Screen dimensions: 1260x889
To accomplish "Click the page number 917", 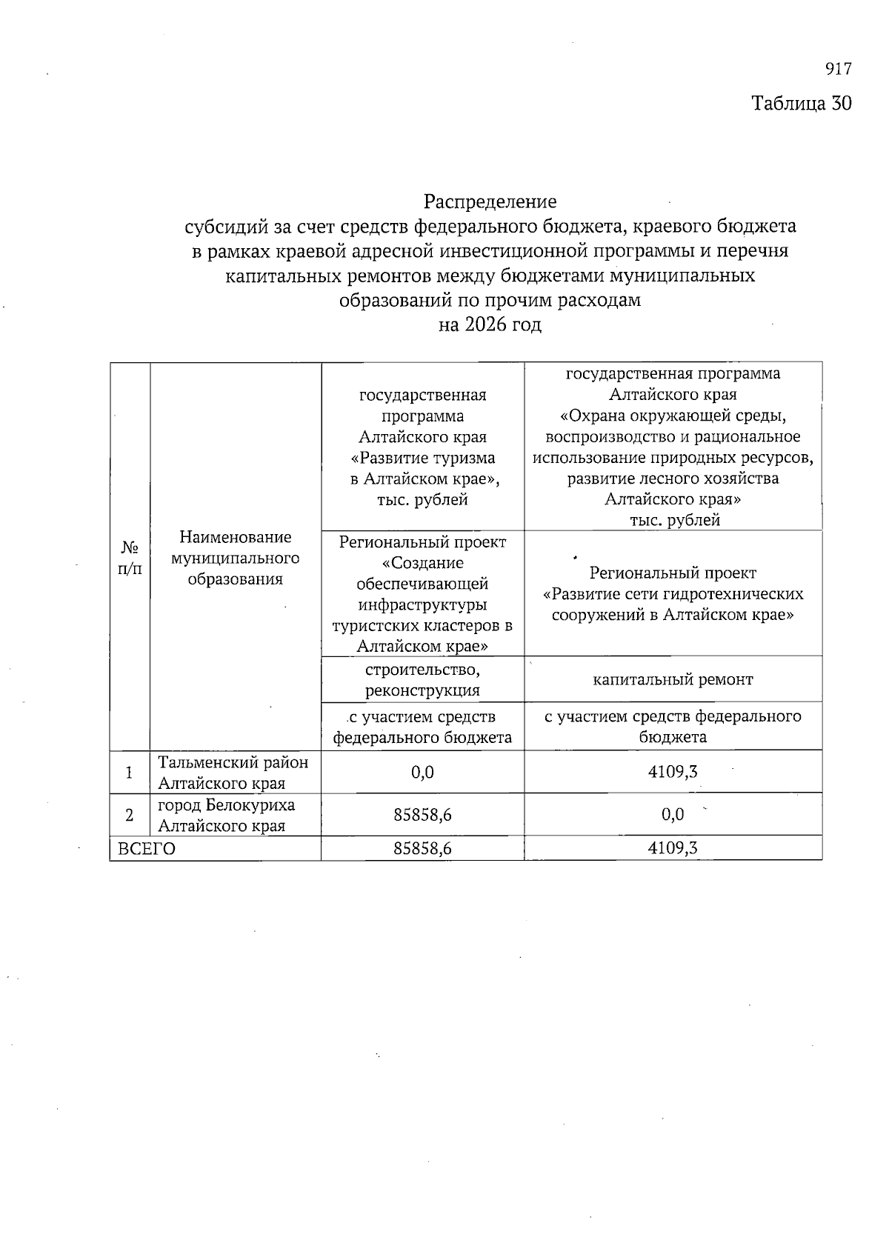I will (x=838, y=70).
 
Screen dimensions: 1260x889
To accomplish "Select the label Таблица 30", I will (x=802, y=103).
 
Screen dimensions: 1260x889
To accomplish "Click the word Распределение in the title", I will (x=490, y=201).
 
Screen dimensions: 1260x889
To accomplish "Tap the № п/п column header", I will (x=130, y=558).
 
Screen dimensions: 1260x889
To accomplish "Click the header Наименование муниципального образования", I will (x=236, y=558).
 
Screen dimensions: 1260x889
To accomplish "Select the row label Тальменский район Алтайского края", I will (x=233, y=772).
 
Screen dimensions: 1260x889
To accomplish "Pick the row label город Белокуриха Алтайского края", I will (x=226, y=815).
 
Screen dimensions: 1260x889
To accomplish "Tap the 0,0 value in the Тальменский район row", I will (x=422, y=773).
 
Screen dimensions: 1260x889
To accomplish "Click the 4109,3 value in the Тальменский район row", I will (x=673, y=772).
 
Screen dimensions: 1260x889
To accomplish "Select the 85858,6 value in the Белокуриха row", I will (x=422, y=815).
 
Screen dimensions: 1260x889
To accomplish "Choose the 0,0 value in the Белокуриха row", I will (x=673, y=815).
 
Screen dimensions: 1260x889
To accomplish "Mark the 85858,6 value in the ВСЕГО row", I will (x=422, y=849).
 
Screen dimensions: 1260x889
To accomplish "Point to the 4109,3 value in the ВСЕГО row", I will (x=673, y=849).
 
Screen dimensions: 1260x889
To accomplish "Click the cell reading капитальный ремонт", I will (x=673, y=679).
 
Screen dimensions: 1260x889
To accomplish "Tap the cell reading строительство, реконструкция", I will (x=422, y=680).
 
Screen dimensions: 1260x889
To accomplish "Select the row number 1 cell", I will (x=130, y=773).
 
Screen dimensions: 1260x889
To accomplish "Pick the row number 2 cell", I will (x=130, y=816).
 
